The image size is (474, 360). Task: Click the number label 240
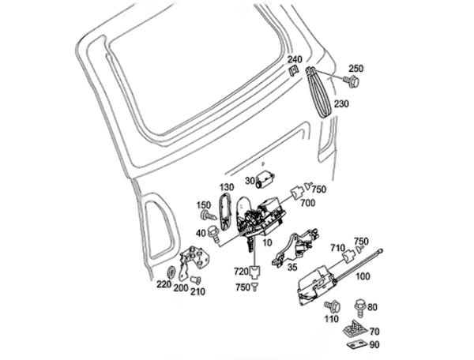(x=294, y=60)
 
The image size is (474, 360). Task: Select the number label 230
(x=342, y=104)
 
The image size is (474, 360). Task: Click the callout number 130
(x=227, y=187)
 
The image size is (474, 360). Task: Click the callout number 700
(x=307, y=204)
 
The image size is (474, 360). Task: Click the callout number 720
(x=239, y=272)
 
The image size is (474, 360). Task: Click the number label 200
(x=181, y=289)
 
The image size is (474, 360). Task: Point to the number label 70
(x=374, y=331)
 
